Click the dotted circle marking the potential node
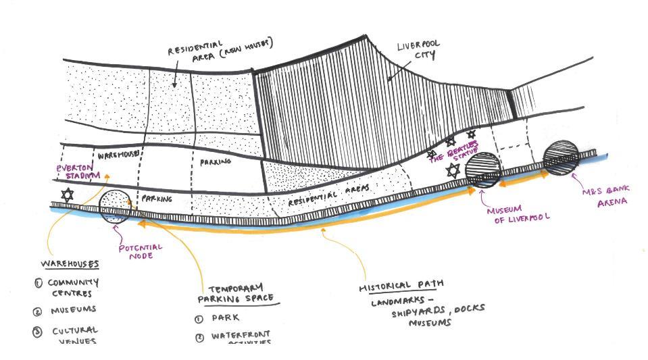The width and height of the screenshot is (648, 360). (x=115, y=206)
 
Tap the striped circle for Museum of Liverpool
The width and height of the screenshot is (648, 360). (x=483, y=170)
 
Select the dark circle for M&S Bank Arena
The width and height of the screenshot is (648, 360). (x=561, y=157)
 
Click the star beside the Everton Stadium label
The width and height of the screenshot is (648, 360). (x=67, y=195)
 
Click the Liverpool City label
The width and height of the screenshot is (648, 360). (x=418, y=50)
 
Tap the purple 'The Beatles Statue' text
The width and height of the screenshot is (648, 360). (x=454, y=151)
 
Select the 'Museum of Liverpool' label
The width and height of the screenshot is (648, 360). (x=518, y=213)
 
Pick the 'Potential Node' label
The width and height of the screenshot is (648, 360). (x=141, y=251)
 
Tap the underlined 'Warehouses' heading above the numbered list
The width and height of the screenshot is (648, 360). (x=70, y=263)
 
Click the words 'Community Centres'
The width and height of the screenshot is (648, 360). (x=73, y=288)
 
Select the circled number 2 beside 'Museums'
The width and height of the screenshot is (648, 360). (x=38, y=312)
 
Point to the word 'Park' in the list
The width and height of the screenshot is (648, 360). (x=225, y=317)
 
